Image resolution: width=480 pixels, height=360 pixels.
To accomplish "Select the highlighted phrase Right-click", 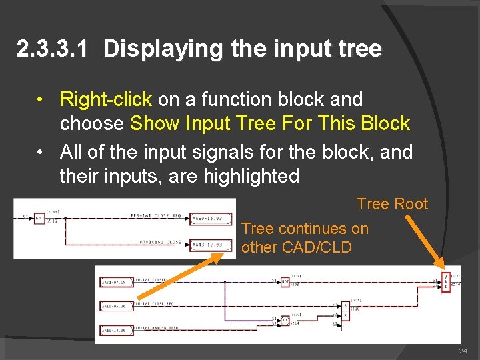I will point(106,99).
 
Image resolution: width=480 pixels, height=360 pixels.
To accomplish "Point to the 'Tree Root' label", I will point(392,204).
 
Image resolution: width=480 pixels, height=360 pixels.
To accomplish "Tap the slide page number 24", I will point(463,351).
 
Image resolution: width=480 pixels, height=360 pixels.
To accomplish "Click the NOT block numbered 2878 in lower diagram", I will point(284,282).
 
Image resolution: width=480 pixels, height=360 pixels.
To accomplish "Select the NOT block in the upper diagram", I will point(39,217).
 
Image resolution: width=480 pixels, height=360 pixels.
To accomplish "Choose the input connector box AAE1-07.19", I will point(114,282).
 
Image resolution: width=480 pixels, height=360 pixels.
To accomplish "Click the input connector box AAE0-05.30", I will point(114,307).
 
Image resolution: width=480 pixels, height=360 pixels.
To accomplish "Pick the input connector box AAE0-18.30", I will point(114,329).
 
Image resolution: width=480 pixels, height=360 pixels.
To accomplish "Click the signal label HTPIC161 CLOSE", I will point(160,241).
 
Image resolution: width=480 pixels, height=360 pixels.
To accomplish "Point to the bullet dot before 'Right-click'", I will point(41,99).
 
